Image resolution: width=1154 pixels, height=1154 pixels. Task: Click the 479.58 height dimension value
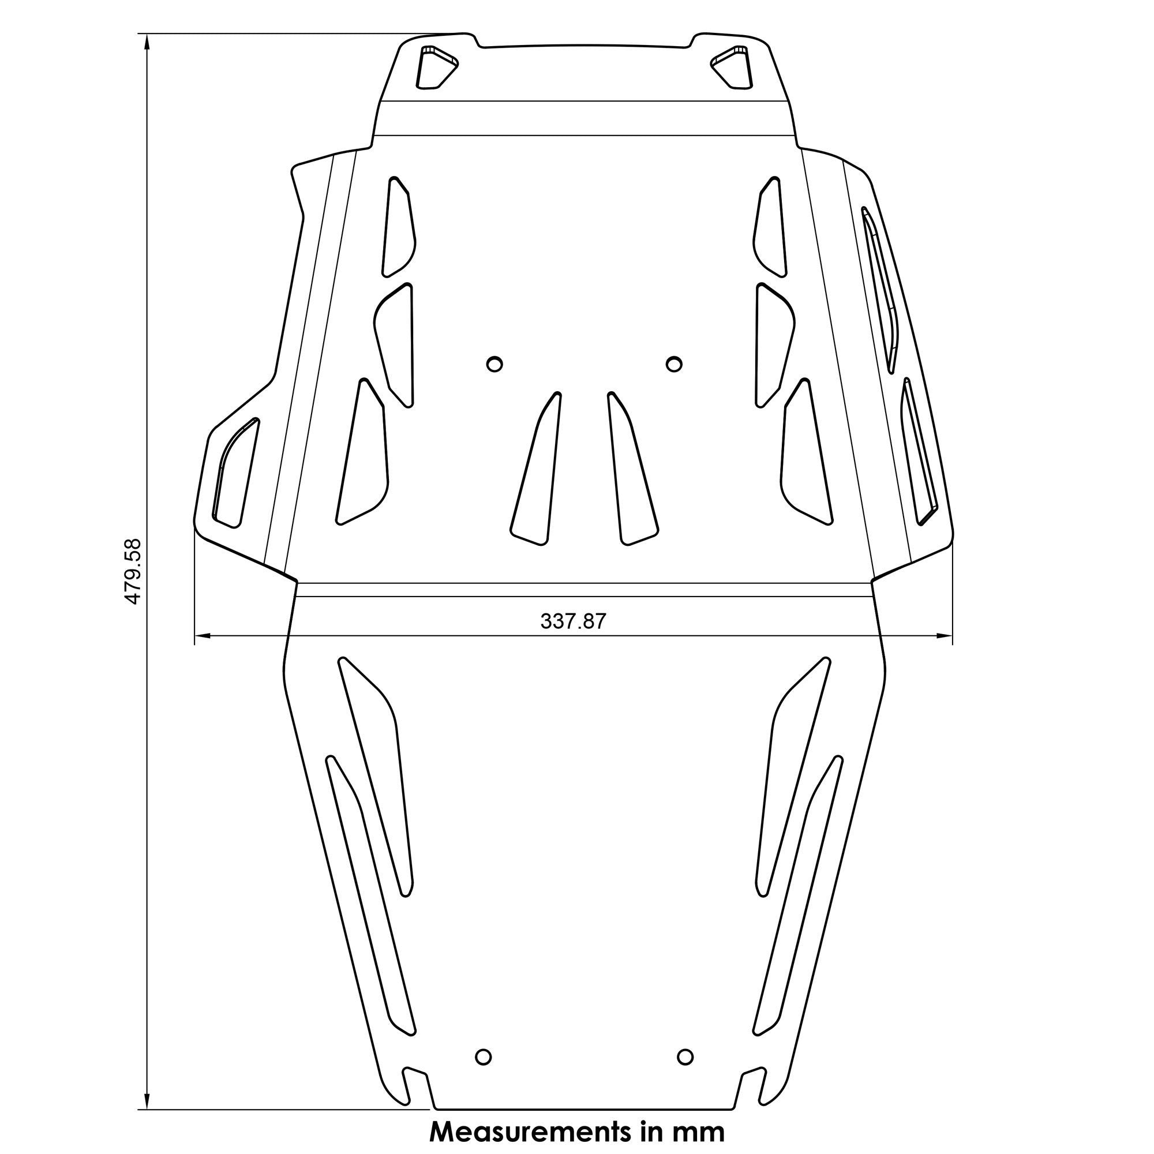[x=132, y=571]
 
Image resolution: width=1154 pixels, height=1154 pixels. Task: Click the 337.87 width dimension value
[x=573, y=622]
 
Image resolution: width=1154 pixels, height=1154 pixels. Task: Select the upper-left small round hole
[x=494, y=364]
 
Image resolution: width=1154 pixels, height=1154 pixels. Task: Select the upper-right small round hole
[x=674, y=364]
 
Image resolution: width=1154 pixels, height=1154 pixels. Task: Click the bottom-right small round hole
[x=685, y=1056]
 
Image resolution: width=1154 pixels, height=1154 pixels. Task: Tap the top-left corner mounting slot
[x=434, y=67]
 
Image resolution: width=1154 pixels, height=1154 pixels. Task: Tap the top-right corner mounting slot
[x=732, y=67]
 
